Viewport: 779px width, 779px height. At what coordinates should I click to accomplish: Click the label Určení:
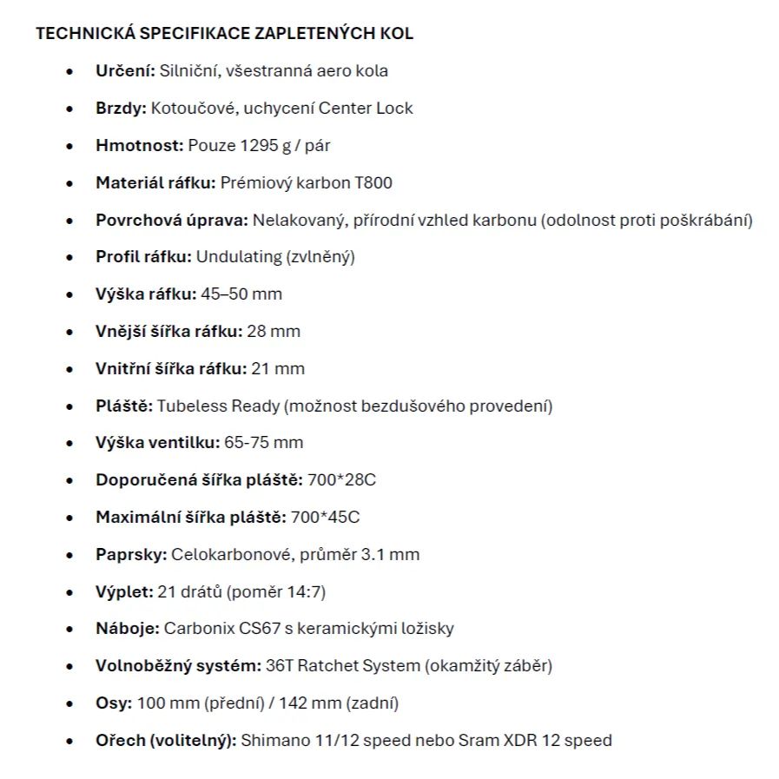pyautogui.click(x=124, y=71)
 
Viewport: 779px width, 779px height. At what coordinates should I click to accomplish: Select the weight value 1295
pyautogui.click(x=257, y=146)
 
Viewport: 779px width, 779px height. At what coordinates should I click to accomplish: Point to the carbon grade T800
pyautogui.click(x=373, y=182)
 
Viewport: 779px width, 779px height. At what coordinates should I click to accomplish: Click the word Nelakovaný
pyautogui.click(x=294, y=220)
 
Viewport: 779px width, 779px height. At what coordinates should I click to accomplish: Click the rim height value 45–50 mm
pyautogui.click(x=241, y=294)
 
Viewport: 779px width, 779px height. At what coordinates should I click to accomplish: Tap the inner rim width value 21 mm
pyautogui.click(x=278, y=368)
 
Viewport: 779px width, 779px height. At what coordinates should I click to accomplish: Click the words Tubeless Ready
pyautogui.click(x=211, y=406)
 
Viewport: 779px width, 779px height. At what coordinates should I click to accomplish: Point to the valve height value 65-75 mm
pyautogui.click(x=264, y=443)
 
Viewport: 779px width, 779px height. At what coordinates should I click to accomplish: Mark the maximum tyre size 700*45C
pyautogui.click(x=325, y=518)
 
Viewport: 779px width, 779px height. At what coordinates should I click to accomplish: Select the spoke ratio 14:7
pyautogui.click(x=304, y=591)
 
